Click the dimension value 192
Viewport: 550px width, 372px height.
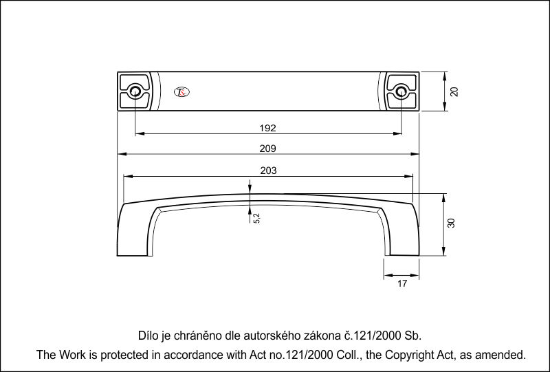268,128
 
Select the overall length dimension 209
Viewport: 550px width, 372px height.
268,149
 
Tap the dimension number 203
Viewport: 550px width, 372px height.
268,171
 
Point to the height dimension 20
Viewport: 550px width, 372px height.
454,91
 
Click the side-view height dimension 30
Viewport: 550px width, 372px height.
452,223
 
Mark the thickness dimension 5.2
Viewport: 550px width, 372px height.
256,217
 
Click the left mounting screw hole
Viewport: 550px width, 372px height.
135,91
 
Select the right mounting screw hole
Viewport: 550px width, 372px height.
401,91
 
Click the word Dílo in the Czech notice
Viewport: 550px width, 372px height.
149,336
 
